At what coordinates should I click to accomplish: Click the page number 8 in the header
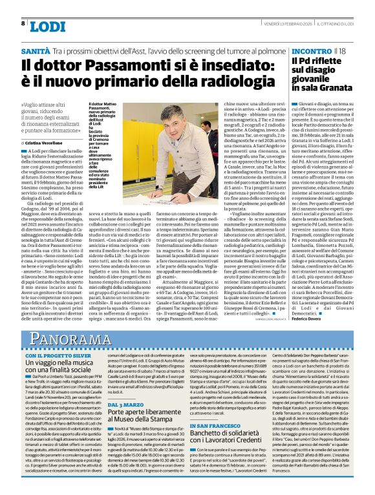point(23,24)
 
